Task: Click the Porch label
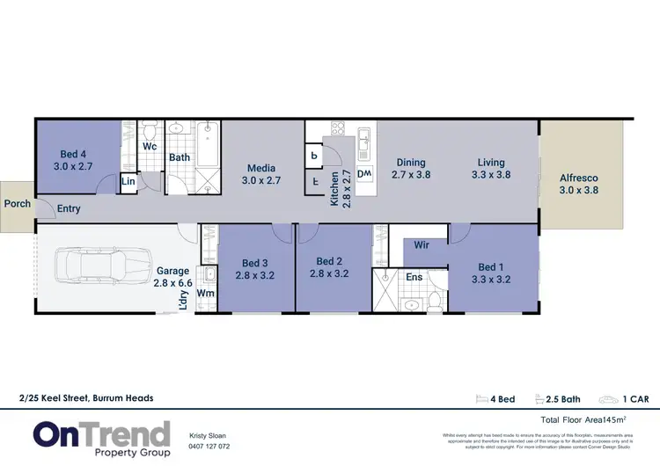[17, 203]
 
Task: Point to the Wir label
[421, 245]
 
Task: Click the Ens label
[414, 277]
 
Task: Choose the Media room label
[261, 168]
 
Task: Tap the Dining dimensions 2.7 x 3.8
[411, 175]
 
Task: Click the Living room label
[491, 162]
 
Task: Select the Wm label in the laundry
[205, 293]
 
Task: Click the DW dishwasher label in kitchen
[364, 174]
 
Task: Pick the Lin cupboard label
[128, 182]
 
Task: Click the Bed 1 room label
[492, 267]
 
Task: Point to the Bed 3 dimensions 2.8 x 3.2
[255, 274]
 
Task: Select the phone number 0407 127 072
[210, 446]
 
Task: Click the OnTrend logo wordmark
[102, 433]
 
